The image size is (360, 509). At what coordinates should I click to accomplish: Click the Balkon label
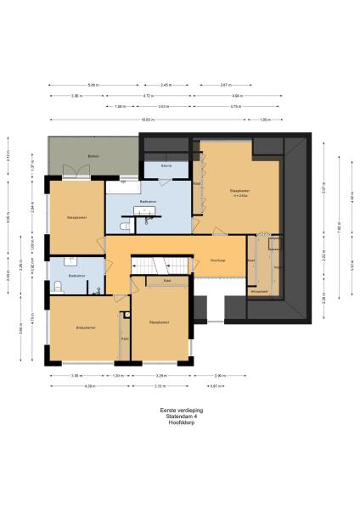pyautogui.click(x=94, y=158)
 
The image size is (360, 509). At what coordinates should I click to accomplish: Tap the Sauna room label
pyautogui.click(x=167, y=165)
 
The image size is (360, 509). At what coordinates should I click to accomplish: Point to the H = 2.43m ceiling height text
pyautogui.click(x=239, y=197)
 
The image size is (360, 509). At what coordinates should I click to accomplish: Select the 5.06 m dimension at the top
pyautogui.click(x=93, y=86)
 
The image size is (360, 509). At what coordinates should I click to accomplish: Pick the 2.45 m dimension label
pyautogui.click(x=166, y=86)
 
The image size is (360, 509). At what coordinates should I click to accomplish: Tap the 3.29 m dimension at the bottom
pyautogui.click(x=161, y=375)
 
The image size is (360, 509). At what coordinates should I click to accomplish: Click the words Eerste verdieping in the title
pyautogui.click(x=180, y=411)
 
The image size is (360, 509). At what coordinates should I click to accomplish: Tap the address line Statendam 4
pyautogui.click(x=180, y=417)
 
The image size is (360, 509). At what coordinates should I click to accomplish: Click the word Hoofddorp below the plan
pyautogui.click(x=180, y=422)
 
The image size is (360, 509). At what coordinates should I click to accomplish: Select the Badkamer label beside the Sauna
pyautogui.click(x=148, y=201)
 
